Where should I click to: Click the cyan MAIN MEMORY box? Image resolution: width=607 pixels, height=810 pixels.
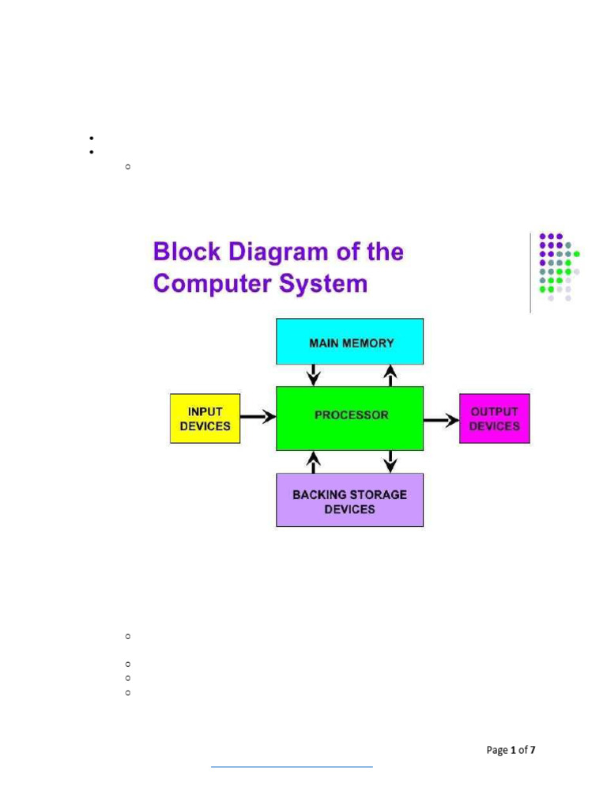click(349, 342)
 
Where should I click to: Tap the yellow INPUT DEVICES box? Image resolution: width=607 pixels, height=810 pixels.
click(205, 418)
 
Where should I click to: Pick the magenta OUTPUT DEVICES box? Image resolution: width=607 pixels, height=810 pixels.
click(495, 418)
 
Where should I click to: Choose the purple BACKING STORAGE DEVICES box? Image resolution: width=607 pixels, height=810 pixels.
click(349, 500)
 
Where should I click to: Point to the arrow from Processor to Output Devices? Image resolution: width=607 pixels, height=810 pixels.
click(441, 420)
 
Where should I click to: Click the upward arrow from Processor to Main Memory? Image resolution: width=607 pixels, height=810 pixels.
click(389, 374)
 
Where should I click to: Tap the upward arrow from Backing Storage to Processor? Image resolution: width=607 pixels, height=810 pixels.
click(314, 461)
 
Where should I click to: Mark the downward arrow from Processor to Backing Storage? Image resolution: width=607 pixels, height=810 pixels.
click(390, 461)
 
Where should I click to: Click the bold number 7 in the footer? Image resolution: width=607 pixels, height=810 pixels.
click(533, 750)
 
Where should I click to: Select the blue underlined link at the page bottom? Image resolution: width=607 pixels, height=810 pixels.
click(292, 766)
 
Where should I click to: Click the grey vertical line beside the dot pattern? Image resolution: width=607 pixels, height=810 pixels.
click(530, 273)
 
